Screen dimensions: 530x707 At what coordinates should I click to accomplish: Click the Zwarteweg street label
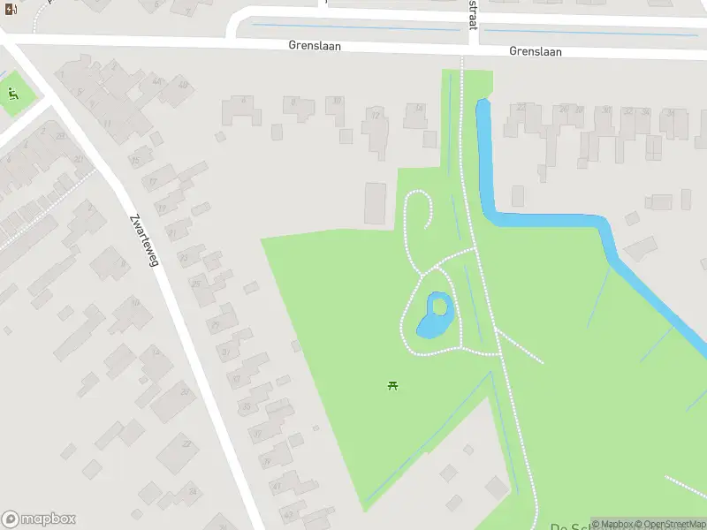[142, 241]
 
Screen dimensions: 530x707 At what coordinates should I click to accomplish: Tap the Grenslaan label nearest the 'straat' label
[535, 51]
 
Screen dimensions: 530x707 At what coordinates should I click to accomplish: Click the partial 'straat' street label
[473, 14]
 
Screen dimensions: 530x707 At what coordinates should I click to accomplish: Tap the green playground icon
[12, 94]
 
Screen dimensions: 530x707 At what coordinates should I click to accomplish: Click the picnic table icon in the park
[392, 385]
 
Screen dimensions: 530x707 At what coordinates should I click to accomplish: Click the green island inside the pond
[438, 307]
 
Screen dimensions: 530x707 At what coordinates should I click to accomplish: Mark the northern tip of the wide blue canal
[482, 103]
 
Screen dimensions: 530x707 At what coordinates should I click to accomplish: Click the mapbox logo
[39, 519]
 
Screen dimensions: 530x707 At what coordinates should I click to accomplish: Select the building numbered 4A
[157, 82]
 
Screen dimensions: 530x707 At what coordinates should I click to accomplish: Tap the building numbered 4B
[183, 86]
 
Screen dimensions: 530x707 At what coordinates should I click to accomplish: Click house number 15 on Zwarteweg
[135, 161]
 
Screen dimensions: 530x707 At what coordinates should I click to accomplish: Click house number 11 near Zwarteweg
[107, 124]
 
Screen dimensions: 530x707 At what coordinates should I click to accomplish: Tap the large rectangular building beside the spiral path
[376, 203]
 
